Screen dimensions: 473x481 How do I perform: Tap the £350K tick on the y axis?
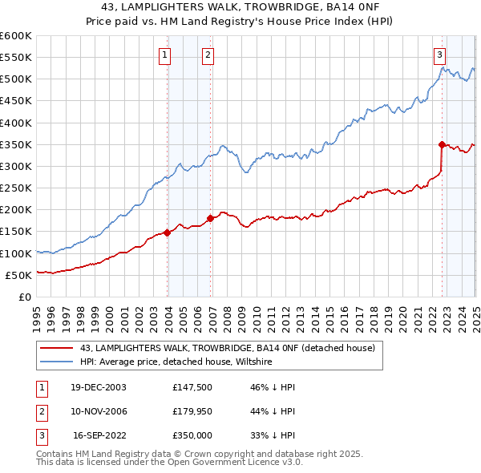click(16, 145)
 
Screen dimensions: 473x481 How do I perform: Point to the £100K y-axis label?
click(16, 253)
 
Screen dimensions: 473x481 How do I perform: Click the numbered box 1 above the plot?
click(164, 55)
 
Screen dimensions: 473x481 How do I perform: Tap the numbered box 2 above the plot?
click(208, 55)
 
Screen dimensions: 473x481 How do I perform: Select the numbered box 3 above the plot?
click(440, 55)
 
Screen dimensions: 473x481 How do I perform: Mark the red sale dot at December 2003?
click(168, 232)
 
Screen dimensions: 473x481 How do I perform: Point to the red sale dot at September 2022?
click(442, 144)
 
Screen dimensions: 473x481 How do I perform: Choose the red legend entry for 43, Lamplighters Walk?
click(227, 348)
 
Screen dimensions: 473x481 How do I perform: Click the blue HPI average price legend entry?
click(176, 362)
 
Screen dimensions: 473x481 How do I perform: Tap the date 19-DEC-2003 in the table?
click(98, 387)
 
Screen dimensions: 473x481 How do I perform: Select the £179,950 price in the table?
click(192, 411)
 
